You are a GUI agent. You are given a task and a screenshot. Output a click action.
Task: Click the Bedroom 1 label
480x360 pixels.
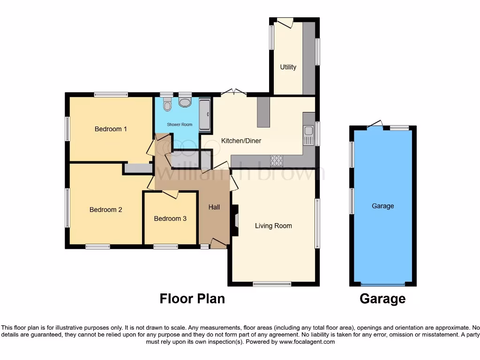point(111,129)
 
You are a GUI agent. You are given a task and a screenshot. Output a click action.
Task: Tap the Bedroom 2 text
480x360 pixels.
point(105,210)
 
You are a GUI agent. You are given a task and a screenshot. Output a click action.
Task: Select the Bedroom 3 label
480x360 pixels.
point(170,218)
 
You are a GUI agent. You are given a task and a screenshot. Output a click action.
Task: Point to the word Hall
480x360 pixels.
point(214,207)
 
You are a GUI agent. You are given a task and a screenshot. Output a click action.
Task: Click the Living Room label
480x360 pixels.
point(273,226)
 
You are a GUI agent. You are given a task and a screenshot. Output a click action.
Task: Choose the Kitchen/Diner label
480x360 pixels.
point(241,141)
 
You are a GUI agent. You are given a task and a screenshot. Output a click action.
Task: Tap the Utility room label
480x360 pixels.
point(288,67)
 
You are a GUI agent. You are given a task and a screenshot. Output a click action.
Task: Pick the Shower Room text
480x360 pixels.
point(180,125)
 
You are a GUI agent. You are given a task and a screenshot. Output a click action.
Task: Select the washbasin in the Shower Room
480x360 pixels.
point(185,102)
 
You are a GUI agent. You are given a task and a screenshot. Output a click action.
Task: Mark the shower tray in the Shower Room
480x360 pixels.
point(205,115)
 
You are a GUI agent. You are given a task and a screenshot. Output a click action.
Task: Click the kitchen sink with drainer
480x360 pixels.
point(308,135)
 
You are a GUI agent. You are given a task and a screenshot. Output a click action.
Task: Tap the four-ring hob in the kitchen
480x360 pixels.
point(277,161)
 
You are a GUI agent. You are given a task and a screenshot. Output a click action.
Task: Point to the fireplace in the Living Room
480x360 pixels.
point(236,220)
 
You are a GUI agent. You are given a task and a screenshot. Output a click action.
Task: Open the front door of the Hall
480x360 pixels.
point(217,243)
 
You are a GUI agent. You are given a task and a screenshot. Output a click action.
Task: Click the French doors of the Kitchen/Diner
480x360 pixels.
point(233,93)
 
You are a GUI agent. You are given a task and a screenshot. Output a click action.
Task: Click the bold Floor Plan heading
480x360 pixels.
point(192,299)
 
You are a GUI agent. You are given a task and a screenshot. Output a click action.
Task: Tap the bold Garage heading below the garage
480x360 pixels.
point(382,299)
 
